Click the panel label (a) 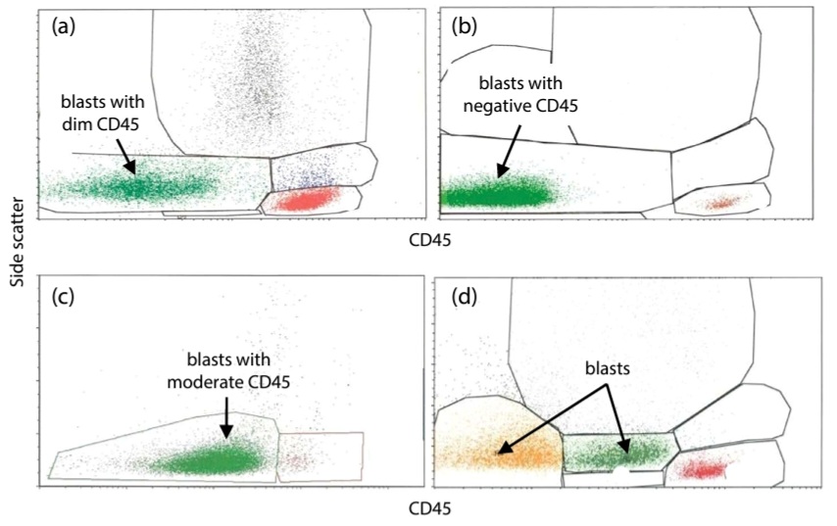[x=64, y=26]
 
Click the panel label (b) [x=464, y=26]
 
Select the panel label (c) [x=63, y=297]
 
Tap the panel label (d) [x=464, y=297]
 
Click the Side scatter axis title [x=19, y=242]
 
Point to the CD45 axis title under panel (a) [x=429, y=240]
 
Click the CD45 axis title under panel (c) [x=429, y=509]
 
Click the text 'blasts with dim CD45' [x=102, y=113]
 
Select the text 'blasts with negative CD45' [x=520, y=94]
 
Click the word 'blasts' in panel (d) [x=608, y=368]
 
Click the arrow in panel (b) [x=510, y=151]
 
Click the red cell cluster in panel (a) [x=306, y=200]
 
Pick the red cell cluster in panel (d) [x=705, y=468]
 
